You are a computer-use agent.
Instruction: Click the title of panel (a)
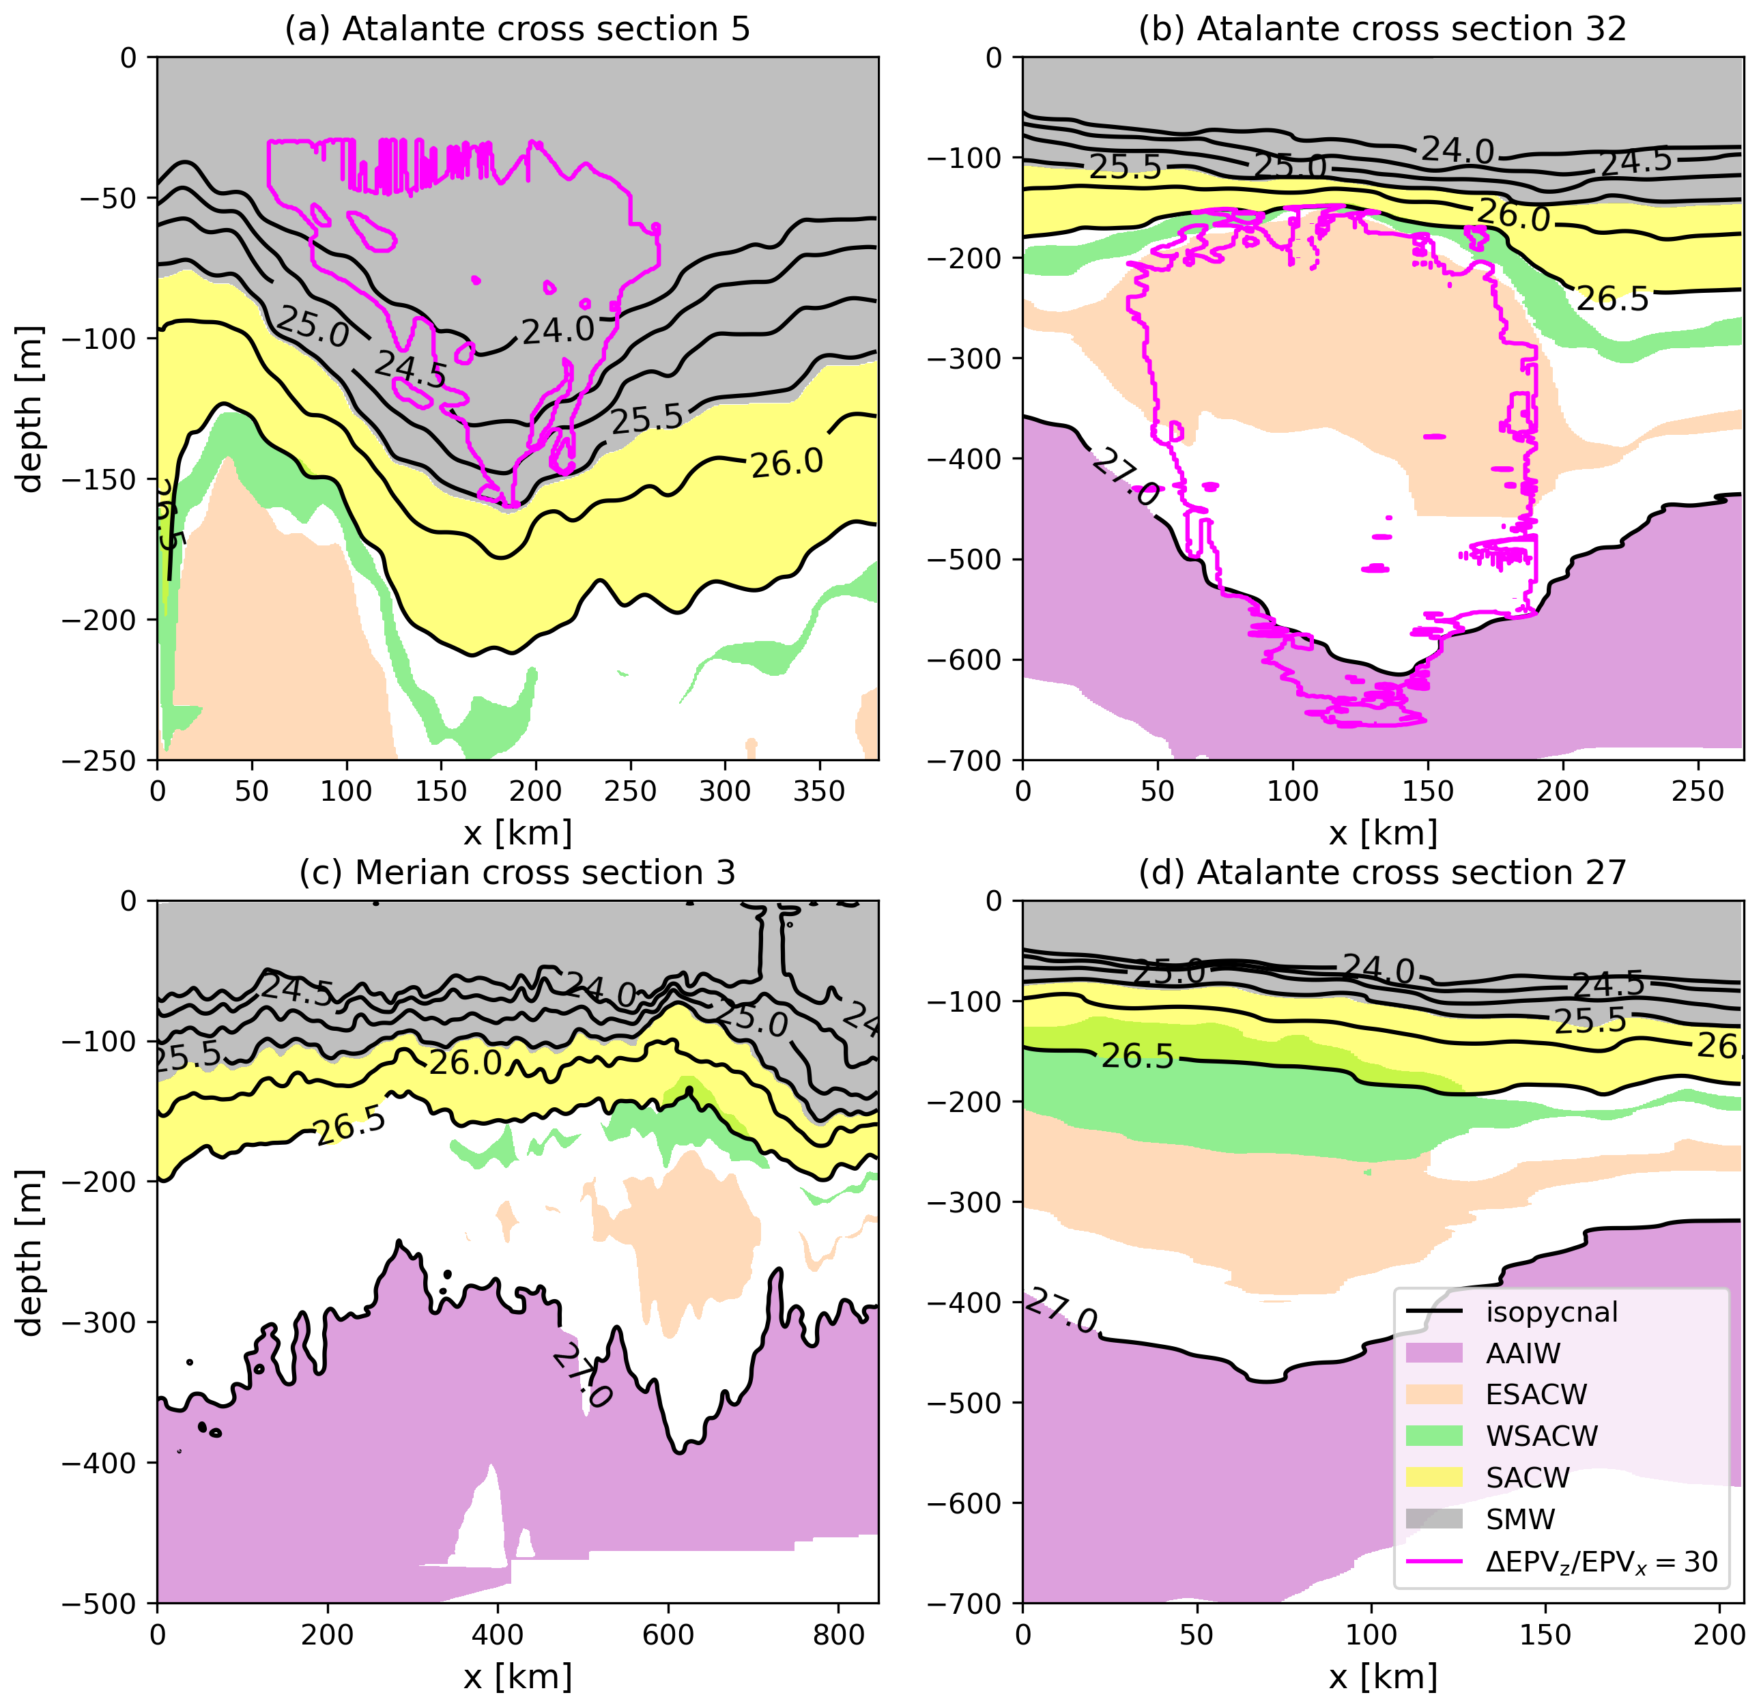pos(517,29)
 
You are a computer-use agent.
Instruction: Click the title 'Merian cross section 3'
pos(517,872)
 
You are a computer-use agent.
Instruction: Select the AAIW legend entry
pos(1523,1353)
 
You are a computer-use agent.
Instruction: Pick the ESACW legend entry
pos(1536,1395)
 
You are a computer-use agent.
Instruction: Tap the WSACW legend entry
pos(1541,1436)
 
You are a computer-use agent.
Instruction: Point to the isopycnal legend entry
pos(1551,1312)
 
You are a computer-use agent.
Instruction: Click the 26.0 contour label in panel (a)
pos(787,463)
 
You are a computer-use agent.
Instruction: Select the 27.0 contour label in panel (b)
pos(1125,477)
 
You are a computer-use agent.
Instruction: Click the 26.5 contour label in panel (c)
pos(349,1126)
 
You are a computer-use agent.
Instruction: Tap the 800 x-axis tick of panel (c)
pos(838,1634)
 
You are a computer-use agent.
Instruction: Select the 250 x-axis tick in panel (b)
pos(1698,792)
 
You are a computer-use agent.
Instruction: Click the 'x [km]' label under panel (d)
pos(1383,1677)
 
